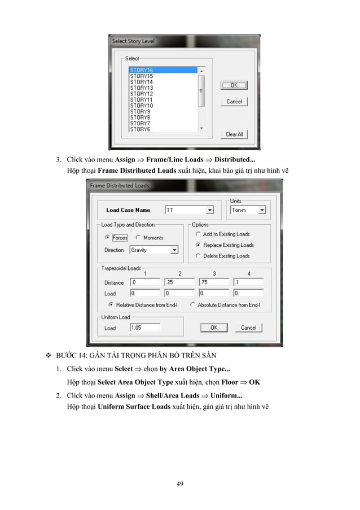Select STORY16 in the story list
(142, 70)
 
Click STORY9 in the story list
(140, 111)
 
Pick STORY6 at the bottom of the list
(140, 129)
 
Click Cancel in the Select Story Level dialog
(234, 102)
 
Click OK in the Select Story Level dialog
(234, 85)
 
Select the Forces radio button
(108, 238)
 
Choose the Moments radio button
(139, 238)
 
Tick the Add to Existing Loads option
(198, 234)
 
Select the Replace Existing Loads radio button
(198, 245)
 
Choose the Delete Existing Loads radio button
(198, 256)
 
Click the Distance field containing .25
(179, 282)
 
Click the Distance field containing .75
(214, 282)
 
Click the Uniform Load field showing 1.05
(144, 328)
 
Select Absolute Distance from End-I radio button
(192, 304)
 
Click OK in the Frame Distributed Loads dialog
(214, 328)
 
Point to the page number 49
(180, 483)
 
